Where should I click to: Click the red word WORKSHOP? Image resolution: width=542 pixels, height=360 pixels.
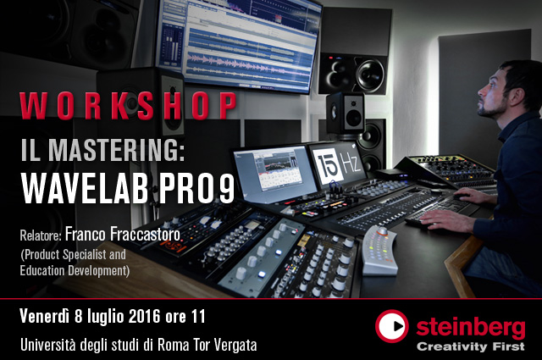pyautogui.click(x=128, y=106)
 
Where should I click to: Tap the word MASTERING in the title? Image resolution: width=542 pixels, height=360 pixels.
pyautogui.click(x=116, y=151)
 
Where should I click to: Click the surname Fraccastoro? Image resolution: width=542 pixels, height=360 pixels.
pyautogui.click(x=145, y=234)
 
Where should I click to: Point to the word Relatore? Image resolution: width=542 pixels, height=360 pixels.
pyautogui.click(x=41, y=235)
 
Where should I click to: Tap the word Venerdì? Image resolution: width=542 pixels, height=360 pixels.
pyautogui.click(x=45, y=316)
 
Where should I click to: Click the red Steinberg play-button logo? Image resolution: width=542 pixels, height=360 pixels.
pyautogui.click(x=391, y=326)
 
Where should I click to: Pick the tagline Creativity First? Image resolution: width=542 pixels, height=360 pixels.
pyautogui.click(x=471, y=346)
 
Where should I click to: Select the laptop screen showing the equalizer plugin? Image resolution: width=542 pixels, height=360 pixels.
pyautogui.click(x=274, y=174)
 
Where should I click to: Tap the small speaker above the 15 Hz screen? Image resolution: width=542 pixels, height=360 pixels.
pyautogui.click(x=346, y=113)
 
